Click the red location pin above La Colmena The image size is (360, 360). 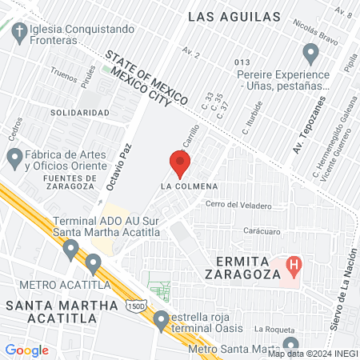tap(180, 163)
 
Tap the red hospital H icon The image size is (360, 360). tap(294, 264)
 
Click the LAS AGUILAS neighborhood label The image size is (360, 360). tap(234, 16)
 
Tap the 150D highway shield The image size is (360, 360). tap(134, 306)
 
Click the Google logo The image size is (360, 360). tap(26, 350)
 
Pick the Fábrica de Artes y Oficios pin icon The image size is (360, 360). tap(14, 158)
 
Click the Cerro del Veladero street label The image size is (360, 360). tap(238, 205)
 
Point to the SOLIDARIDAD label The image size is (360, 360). tap(79, 113)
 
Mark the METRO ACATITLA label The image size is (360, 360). tap(53, 285)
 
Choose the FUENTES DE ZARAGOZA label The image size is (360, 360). tap(60, 182)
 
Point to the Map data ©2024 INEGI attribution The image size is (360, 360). tap(313, 353)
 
